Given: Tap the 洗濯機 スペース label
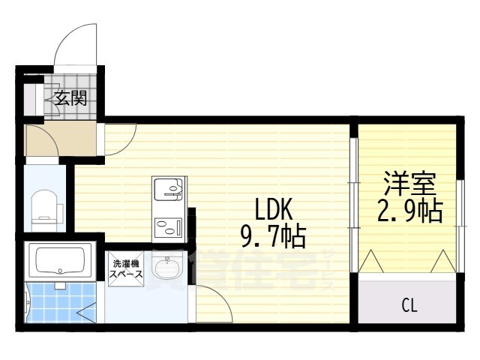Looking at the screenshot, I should [126, 269].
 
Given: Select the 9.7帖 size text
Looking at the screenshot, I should [272, 238].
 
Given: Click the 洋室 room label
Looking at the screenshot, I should [409, 183].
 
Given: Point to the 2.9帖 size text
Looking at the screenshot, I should [409, 211].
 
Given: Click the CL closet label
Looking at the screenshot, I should [409, 305].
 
